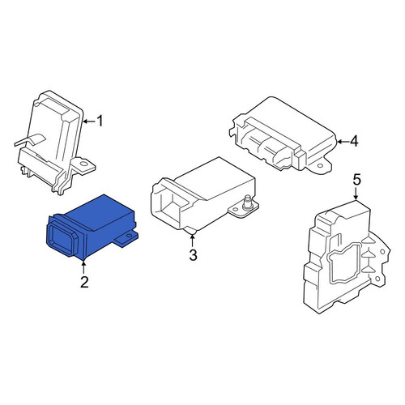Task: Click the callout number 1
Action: click(100, 121)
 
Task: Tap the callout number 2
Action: click(84, 282)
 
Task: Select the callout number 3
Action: click(193, 255)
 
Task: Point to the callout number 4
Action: click(354, 141)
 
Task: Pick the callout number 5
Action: click(356, 180)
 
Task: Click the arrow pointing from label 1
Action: click(89, 122)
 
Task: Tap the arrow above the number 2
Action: click(84, 266)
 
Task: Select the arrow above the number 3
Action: click(192, 241)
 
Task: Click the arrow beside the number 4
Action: click(342, 142)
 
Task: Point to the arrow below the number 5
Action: click(356, 194)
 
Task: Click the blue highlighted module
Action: click(92, 227)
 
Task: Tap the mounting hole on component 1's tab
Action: click(84, 164)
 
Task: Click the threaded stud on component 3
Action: click(245, 203)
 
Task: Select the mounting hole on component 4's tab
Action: click(320, 166)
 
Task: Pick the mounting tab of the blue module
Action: click(126, 237)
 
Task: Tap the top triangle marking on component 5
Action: click(366, 240)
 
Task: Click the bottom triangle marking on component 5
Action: click(366, 270)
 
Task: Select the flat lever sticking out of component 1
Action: click(29, 140)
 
